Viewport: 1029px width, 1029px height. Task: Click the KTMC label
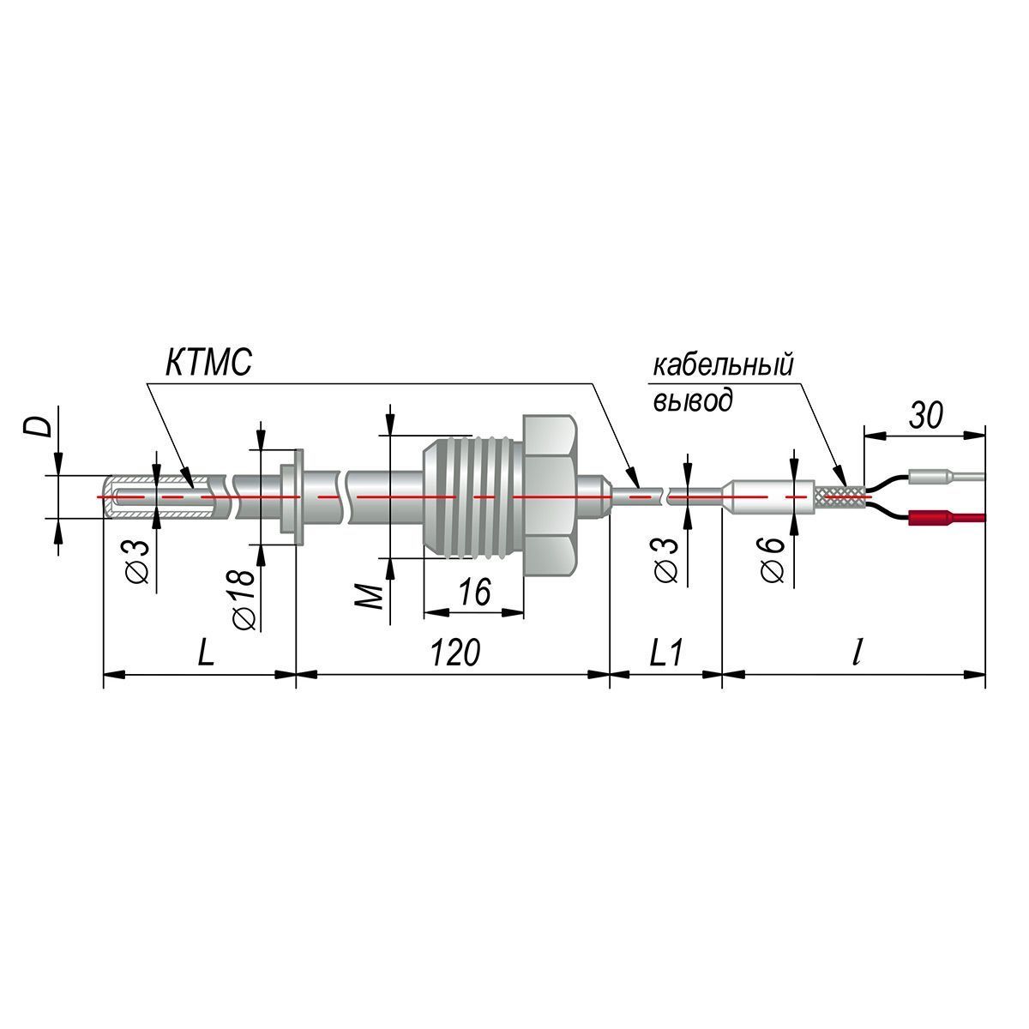208,363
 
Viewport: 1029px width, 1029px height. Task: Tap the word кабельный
723,367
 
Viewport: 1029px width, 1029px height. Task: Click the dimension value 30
926,414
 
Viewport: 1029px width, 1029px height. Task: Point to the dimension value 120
455,653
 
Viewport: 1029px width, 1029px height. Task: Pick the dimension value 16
474,592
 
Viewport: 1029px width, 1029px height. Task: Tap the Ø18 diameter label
243,599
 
